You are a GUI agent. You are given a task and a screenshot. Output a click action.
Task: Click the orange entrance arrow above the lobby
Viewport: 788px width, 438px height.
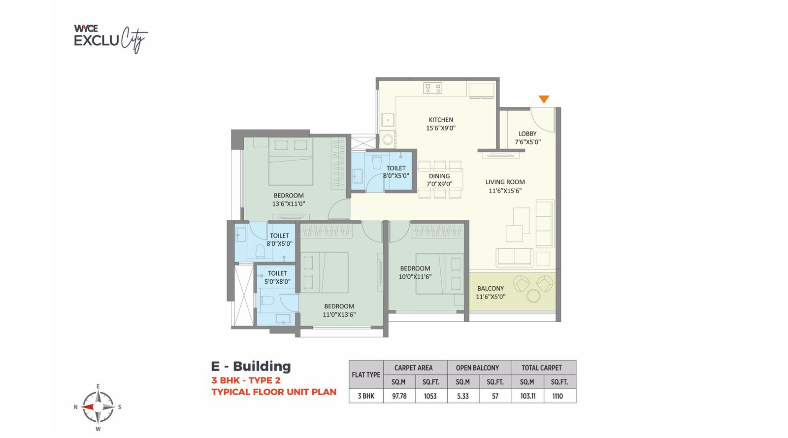543,99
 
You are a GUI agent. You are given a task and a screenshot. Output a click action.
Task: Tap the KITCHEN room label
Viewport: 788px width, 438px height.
441,124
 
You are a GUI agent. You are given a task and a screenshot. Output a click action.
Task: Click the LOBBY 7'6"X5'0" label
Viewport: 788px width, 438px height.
527,137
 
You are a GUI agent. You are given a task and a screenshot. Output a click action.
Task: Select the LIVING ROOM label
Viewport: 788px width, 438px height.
505,186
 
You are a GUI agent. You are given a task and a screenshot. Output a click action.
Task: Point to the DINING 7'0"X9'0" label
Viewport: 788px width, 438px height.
439,180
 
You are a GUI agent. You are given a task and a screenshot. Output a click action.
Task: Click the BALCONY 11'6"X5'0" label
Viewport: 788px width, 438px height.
491,292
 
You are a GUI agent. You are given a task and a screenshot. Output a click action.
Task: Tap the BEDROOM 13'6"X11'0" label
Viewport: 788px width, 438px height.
289,200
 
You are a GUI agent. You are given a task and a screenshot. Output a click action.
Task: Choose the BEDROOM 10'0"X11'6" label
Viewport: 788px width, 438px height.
415,272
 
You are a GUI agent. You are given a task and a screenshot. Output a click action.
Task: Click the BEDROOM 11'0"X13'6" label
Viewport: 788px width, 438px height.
339,310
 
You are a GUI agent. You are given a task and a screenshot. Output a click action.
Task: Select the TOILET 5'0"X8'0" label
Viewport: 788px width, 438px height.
277,277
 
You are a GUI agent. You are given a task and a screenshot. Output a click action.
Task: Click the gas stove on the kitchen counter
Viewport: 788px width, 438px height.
432,89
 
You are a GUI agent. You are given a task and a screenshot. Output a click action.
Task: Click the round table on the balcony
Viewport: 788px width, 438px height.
533,296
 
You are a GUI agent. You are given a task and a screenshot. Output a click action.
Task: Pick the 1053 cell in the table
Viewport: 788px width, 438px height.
430,396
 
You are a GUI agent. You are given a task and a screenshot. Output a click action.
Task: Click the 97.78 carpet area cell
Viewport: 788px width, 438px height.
399,396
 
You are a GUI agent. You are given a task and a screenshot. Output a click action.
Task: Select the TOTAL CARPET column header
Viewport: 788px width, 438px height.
541,368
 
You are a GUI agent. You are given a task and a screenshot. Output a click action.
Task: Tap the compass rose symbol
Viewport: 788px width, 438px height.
98,407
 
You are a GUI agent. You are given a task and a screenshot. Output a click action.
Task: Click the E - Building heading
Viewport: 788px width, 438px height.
251,367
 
